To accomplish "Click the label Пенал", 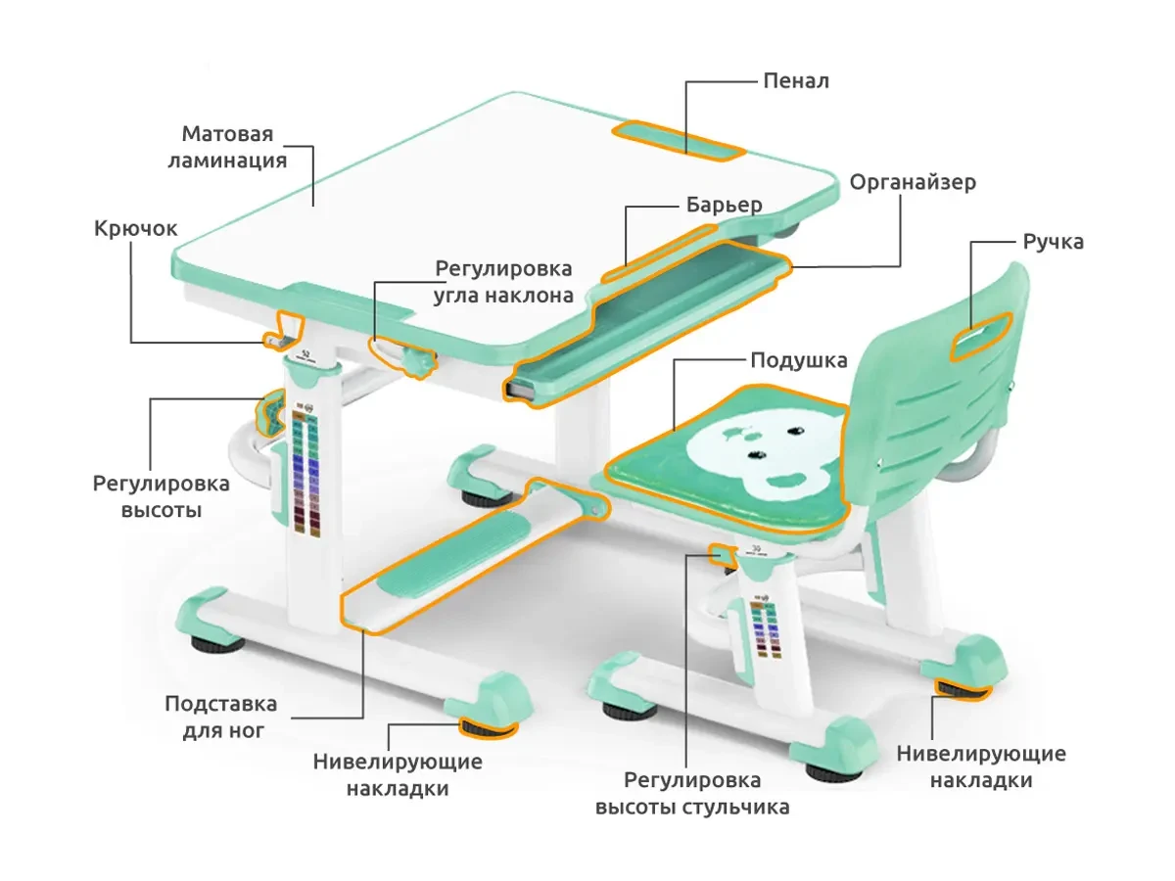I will (x=795, y=80).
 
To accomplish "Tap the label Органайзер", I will (x=912, y=183).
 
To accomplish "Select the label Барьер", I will (x=723, y=206).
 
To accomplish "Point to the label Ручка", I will (x=1053, y=242).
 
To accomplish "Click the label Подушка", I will (x=798, y=360).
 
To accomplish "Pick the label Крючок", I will (x=136, y=229).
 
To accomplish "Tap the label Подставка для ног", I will (x=220, y=717).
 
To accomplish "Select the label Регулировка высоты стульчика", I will (x=692, y=794).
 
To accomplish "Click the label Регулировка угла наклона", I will (x=504, y=281).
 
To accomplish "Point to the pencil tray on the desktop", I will (x=678, y=140).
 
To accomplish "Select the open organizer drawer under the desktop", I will (x=646, y=323).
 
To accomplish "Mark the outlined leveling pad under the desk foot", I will (x=487, y=726).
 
